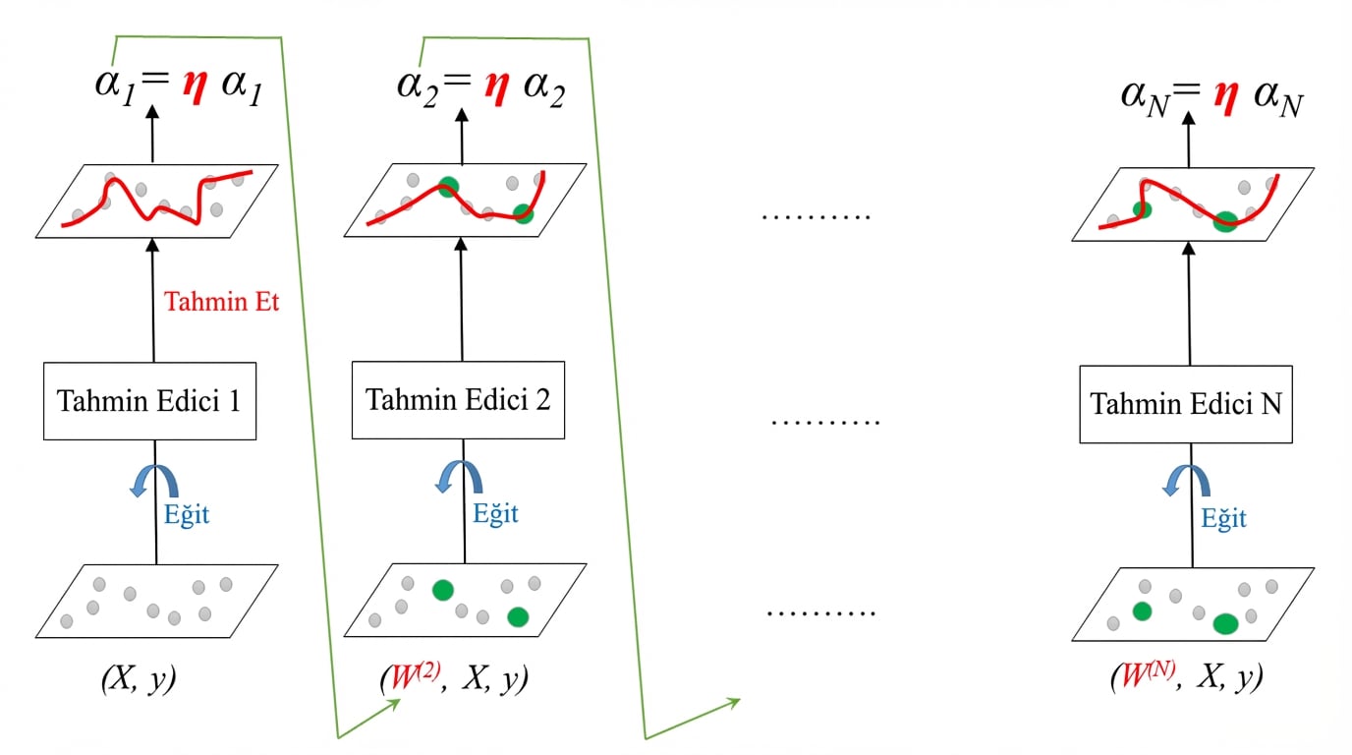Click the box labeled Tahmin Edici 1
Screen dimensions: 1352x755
(149, 401)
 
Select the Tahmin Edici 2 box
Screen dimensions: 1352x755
(458, 400)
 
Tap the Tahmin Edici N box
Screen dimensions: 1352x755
(1186, 404)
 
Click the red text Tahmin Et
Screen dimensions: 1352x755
(221, 302)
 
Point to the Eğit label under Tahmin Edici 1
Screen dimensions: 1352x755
(187, 515)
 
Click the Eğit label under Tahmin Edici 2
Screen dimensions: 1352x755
(495, 514)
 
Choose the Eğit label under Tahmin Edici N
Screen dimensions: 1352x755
(1223, 519)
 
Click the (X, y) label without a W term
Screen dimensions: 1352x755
(139, 679)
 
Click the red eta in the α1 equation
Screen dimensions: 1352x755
(195, 86)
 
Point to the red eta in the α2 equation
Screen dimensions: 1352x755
(497, 87)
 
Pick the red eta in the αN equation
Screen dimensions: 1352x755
(1226, 96)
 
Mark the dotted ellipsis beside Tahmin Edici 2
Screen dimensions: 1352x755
(825, 422)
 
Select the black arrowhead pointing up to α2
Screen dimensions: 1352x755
(462, 115)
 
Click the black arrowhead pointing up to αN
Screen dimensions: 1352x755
(1189, 118)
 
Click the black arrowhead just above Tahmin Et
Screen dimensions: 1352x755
(152, 245)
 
